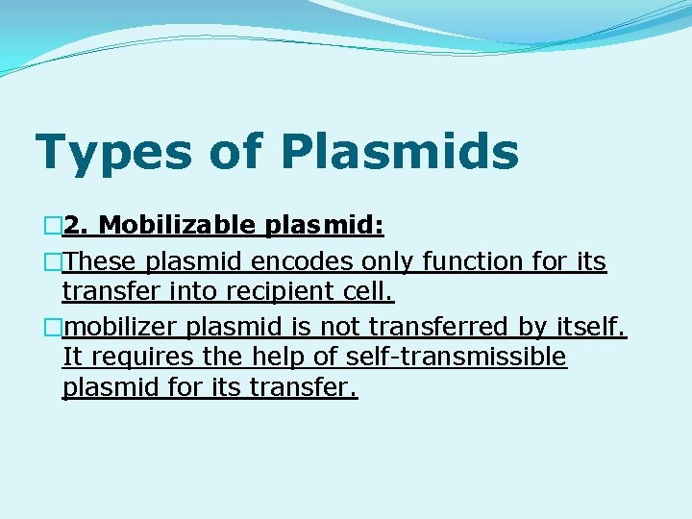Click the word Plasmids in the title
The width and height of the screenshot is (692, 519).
click(400, 152)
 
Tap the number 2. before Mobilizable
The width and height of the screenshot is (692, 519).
click(78, 226)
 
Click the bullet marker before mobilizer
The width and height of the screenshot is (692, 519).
click(52, 328)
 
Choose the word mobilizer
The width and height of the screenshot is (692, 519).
click(121, 328)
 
